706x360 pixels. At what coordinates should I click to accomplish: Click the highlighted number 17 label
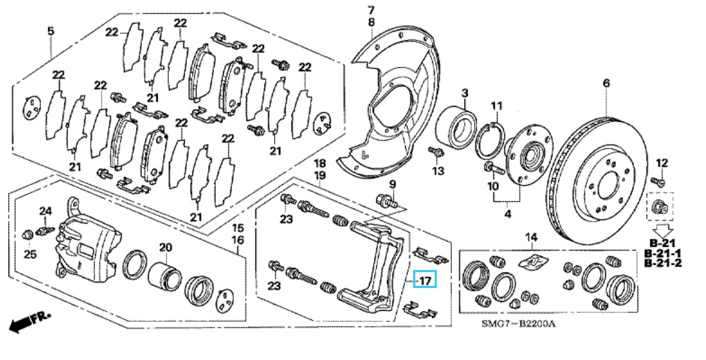425,280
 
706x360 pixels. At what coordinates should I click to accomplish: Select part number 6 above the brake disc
606,83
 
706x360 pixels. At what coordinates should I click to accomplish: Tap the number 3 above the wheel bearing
464,93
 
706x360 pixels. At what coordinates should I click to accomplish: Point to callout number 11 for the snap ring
496,107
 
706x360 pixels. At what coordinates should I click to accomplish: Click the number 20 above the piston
165,246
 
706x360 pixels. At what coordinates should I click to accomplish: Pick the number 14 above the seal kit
532,237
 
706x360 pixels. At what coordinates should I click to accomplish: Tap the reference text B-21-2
663,263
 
